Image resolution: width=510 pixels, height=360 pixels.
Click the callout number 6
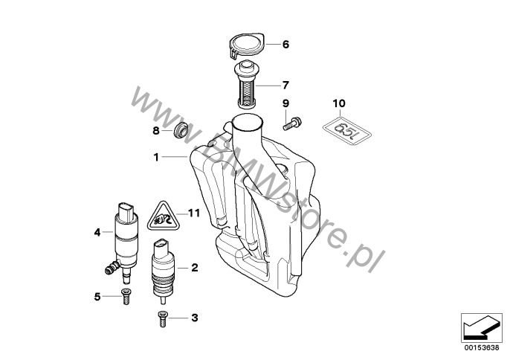tap(285, 45)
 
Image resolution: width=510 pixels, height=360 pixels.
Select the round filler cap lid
tap(247, 46)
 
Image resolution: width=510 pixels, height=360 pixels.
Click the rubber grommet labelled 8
tap(180, 129)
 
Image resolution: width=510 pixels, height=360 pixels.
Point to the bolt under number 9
tap(292, 123)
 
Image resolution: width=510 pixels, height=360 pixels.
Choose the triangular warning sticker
tap(164, 216)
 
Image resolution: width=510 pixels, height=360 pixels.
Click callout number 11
tap(194, 213)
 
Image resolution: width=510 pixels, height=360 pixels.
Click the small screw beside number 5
tap(126, 296)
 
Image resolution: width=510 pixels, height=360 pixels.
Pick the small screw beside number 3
tap(163, 318)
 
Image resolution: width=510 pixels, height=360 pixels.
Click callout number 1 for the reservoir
tap(156, 158)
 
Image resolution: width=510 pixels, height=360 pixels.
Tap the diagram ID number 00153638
tap(482, 348)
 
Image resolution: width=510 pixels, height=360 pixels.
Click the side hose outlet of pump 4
tap(111, 268)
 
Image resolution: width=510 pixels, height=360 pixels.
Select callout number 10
tap(339, 103)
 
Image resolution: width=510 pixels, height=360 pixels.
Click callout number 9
tap(285, 103)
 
